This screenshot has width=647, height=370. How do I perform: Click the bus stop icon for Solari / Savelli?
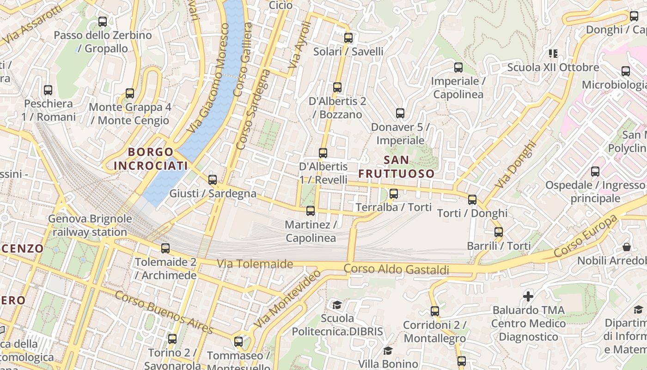click(x=348, y=38)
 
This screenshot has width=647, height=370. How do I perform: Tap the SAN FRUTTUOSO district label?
click(x=397, y=167)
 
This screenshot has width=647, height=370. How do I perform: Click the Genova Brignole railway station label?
click(x=90, y=225)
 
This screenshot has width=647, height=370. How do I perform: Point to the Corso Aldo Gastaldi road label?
click(x=396, y=269)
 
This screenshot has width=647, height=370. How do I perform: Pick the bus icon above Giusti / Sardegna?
click(x=213, y=180)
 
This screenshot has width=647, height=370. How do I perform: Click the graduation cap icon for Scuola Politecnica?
click(x=337, y=305)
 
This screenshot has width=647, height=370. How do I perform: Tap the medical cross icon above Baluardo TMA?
click(x=528, y=296)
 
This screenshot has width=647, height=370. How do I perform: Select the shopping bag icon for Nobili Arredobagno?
click(x=626, y=247)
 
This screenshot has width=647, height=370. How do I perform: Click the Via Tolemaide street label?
click(x=255, y=264)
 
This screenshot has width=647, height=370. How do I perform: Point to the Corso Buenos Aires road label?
click(x=164, y=312)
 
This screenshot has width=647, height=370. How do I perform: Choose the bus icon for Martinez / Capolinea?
click(x=311, y=211)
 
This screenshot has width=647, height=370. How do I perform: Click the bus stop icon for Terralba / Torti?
click(x=394, y=194)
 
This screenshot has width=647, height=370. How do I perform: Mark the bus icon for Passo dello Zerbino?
click(x=103, y=21)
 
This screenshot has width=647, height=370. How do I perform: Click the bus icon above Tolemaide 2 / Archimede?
click(x=165, y=248)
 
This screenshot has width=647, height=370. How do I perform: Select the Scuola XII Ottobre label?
click(x=553, y=68)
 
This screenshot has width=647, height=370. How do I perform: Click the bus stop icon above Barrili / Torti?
click(x=499, y=232)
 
